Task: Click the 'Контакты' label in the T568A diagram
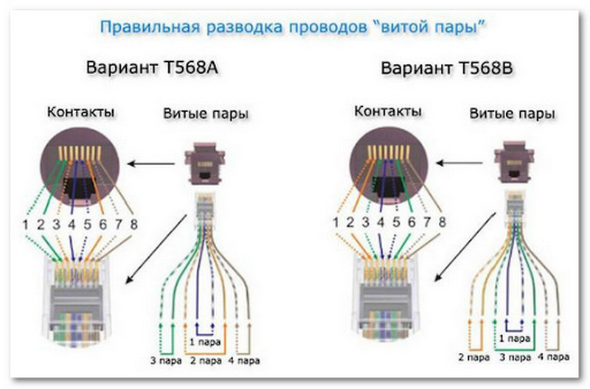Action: [80, 113]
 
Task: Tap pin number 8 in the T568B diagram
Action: [441, 223]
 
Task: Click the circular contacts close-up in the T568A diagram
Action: [80, 167]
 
